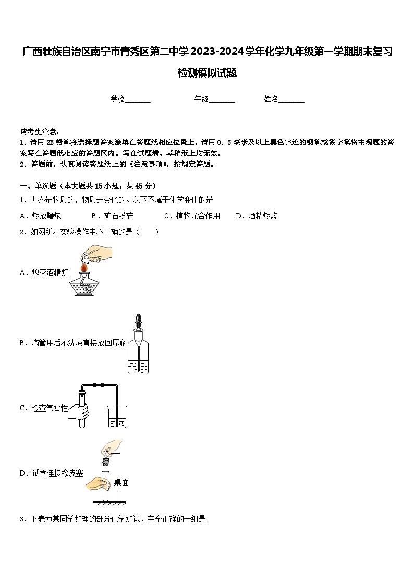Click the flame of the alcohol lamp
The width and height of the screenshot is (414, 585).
pyautogui.click(x=83, y=267)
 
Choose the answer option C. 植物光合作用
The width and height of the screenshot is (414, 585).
pyautogui.click(x=192, y=216)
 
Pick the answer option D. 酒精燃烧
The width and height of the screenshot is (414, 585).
pyautogui.click(x=257, y=216)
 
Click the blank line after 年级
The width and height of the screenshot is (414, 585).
pyautogui.click(x=222, y=99)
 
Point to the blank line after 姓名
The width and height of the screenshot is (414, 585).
pyautogui.click(x=291, y=99)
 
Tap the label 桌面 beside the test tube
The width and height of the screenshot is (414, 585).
pyautogui.click(x=121, y=482)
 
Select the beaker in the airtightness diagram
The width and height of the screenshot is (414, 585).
pyautogui.click(x=117, y=417)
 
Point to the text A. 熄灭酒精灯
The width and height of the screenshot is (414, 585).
pyautogui.click(x=44, y=272)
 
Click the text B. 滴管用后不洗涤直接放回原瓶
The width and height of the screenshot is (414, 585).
pyautogui.click(x=72, y=343)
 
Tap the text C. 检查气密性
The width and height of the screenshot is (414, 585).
pyautogui.click(x=44, y=408)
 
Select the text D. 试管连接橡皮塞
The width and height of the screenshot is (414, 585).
pyautogui.click(x=51, y=473)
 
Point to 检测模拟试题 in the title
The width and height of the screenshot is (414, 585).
pyautogui.click(x=207, y=73)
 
